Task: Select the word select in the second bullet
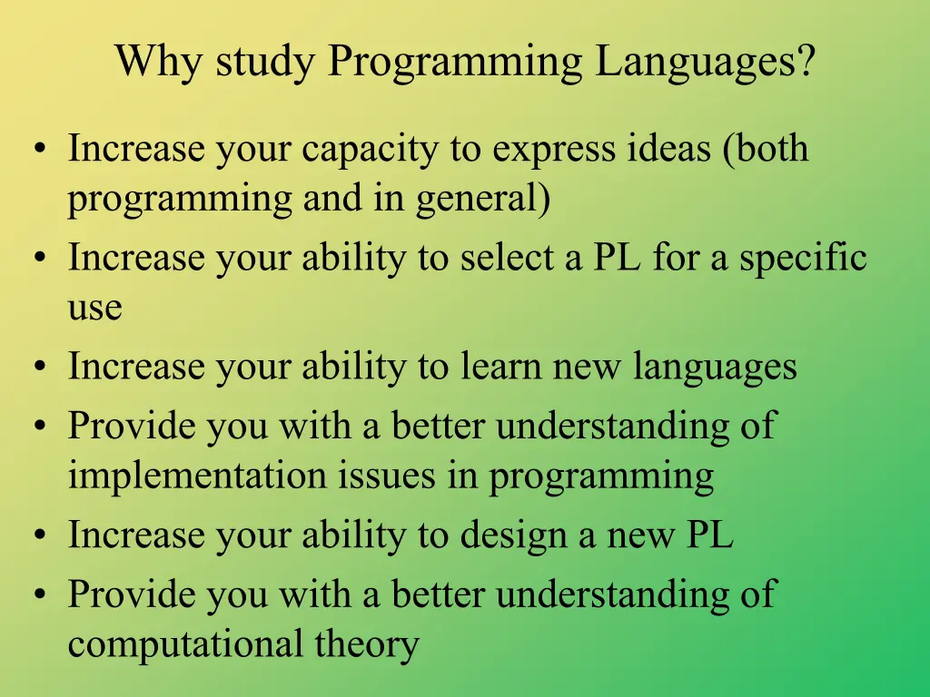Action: [512, 257]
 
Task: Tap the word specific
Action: [803, 259]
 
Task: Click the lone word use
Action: [94, 309]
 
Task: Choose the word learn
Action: [501, 366]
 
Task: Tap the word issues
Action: [387, 476]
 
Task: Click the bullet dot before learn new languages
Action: [40, 367]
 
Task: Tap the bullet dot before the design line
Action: [40, 535]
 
